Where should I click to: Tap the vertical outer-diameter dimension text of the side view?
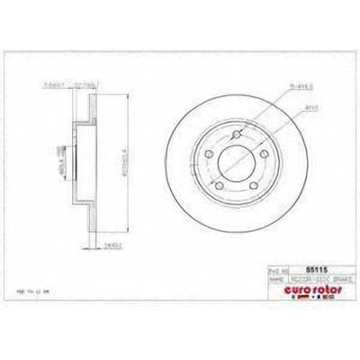click(x=109, y=166)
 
